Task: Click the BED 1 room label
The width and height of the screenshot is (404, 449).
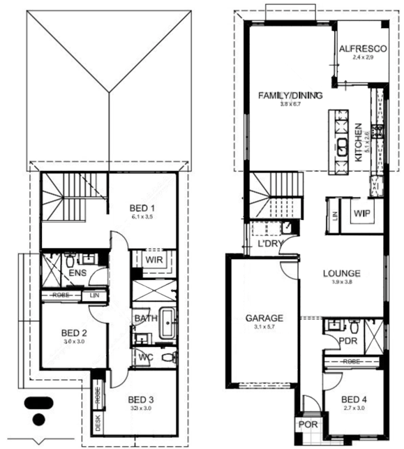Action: [x=142, y=208]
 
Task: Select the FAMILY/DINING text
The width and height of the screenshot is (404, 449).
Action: [x=280, y=95]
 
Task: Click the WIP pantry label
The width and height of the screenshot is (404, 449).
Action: [x=361, y=213]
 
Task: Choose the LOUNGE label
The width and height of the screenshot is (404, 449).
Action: [x=341, y=273]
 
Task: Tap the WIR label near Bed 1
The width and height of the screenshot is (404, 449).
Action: [x=154, y=260]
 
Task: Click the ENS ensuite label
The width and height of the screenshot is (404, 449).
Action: [x=77, y=272]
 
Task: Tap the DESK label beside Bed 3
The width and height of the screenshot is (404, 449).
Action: [x=97, y=425]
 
